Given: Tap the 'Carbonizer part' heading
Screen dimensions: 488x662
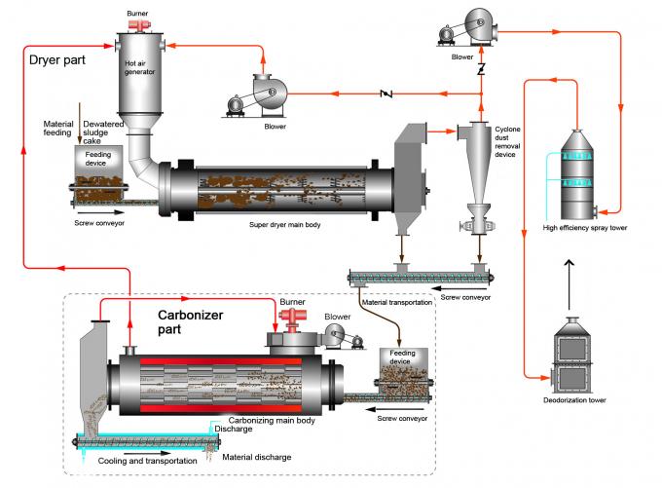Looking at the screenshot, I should coord(193,323).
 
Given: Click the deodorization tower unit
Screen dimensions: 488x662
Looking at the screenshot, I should coord(577,356).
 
